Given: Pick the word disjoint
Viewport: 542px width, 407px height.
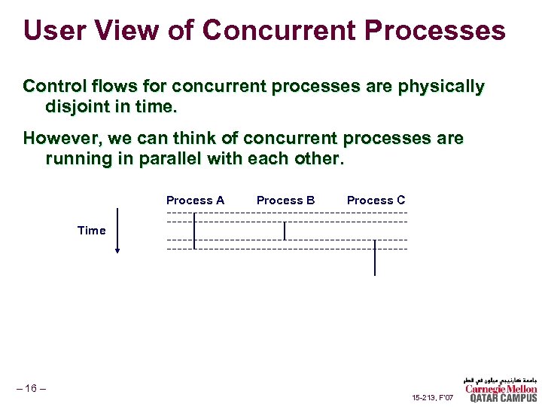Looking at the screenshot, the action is (81, 107).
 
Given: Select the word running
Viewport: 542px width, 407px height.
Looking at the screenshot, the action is (78, 159).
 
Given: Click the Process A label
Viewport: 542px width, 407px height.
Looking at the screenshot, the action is (195, 200).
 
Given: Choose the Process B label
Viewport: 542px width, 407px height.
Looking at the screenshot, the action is (285, 200).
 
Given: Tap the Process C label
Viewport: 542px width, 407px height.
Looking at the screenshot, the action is (376, 200).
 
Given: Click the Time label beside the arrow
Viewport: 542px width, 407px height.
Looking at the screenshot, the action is (91, 231).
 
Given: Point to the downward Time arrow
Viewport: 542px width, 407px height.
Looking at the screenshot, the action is (117, 230).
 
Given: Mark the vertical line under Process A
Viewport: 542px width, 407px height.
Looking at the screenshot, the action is (194, 231).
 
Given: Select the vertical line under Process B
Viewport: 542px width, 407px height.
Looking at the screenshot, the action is (285, 231).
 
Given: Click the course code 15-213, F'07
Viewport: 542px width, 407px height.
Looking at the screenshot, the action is (433, 396).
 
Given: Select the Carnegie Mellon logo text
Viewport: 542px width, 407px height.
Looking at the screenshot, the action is (501, 389).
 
